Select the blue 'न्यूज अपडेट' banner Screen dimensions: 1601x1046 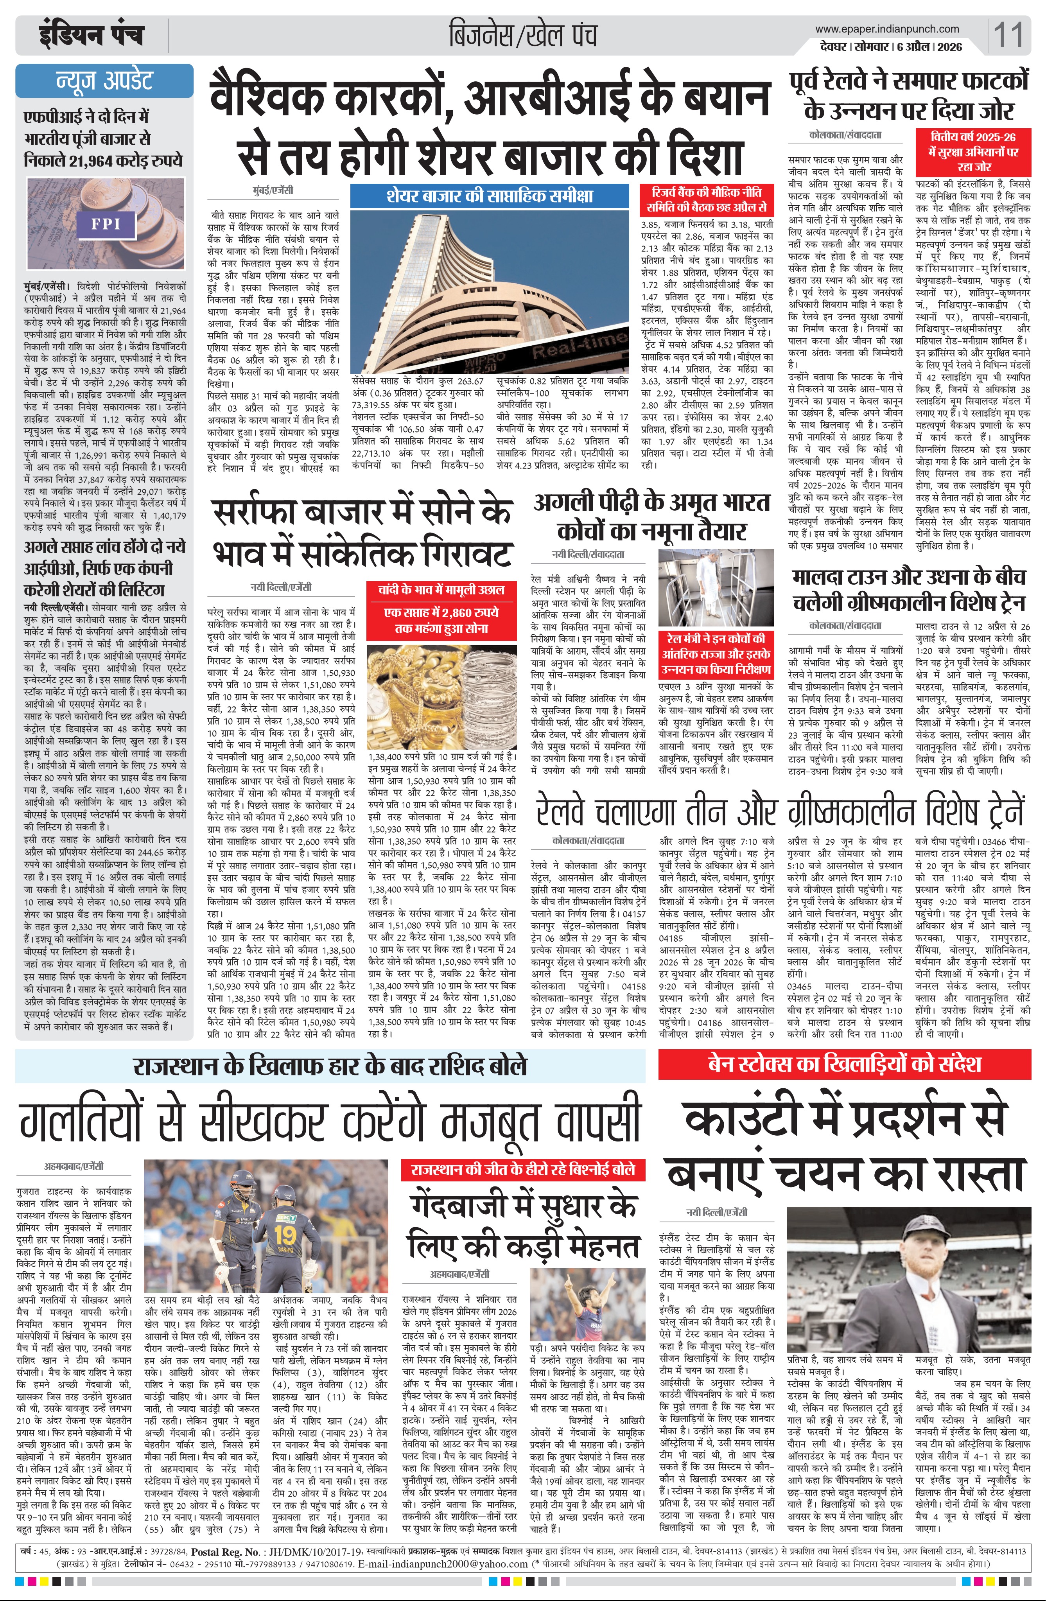click(x=104, y=81)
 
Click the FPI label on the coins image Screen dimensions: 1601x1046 click(x=106, y=223)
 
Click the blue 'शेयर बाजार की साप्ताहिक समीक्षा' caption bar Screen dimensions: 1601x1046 click(x=490, y=196)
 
